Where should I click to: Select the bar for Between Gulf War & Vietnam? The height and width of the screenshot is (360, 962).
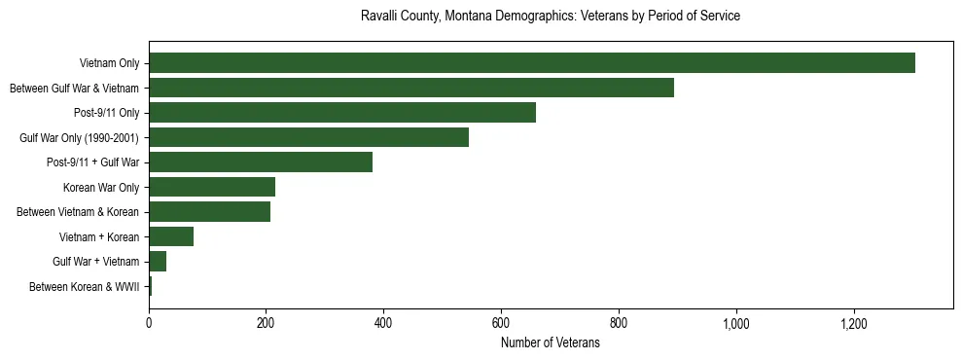click(x=411, y=89)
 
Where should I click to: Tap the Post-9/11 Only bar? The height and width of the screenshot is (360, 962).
click(x=342, y=113)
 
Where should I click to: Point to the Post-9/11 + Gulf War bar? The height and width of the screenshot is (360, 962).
click(x=261, y=162)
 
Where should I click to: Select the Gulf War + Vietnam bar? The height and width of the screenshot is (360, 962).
click(x=158, y=262)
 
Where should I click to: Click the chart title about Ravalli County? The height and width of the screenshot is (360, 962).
click(x=551, y=17)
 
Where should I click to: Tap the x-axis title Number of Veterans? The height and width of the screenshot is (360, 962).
click(x=551, y=343)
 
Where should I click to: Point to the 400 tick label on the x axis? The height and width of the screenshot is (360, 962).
click(x=383, y=322)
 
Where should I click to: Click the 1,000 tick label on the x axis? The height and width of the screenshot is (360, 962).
click(x=735, y=322)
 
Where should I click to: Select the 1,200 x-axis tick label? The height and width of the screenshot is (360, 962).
click(x=853, y=322)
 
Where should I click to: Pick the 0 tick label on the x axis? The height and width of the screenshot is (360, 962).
click(x=149, y=322)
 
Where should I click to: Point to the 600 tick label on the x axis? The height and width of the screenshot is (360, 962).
click(x=501, y=322)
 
